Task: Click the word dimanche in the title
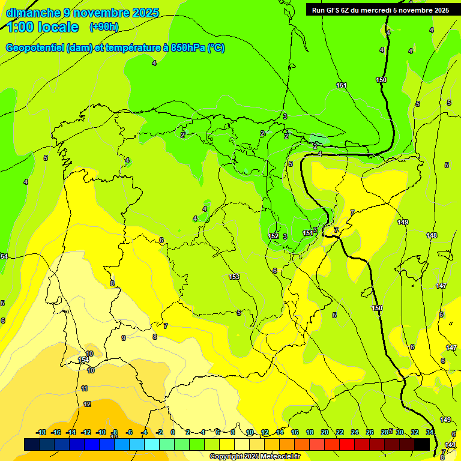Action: [33, 12]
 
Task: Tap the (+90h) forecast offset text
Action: [104, 26]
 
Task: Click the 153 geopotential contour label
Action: [234, 277]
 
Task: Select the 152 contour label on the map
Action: [273, 236]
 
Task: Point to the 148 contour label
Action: [432, 235]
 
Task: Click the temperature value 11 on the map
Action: [85, 389]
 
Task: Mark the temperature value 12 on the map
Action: [87, 404]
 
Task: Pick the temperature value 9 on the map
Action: [124, 338]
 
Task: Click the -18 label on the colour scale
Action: [41, 432]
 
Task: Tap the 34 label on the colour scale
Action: [430, 432]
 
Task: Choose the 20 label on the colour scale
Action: [325, 432]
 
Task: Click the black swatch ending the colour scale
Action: [422, 444]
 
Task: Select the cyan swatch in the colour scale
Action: [152, 444]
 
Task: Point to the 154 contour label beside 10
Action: [83, 360]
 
